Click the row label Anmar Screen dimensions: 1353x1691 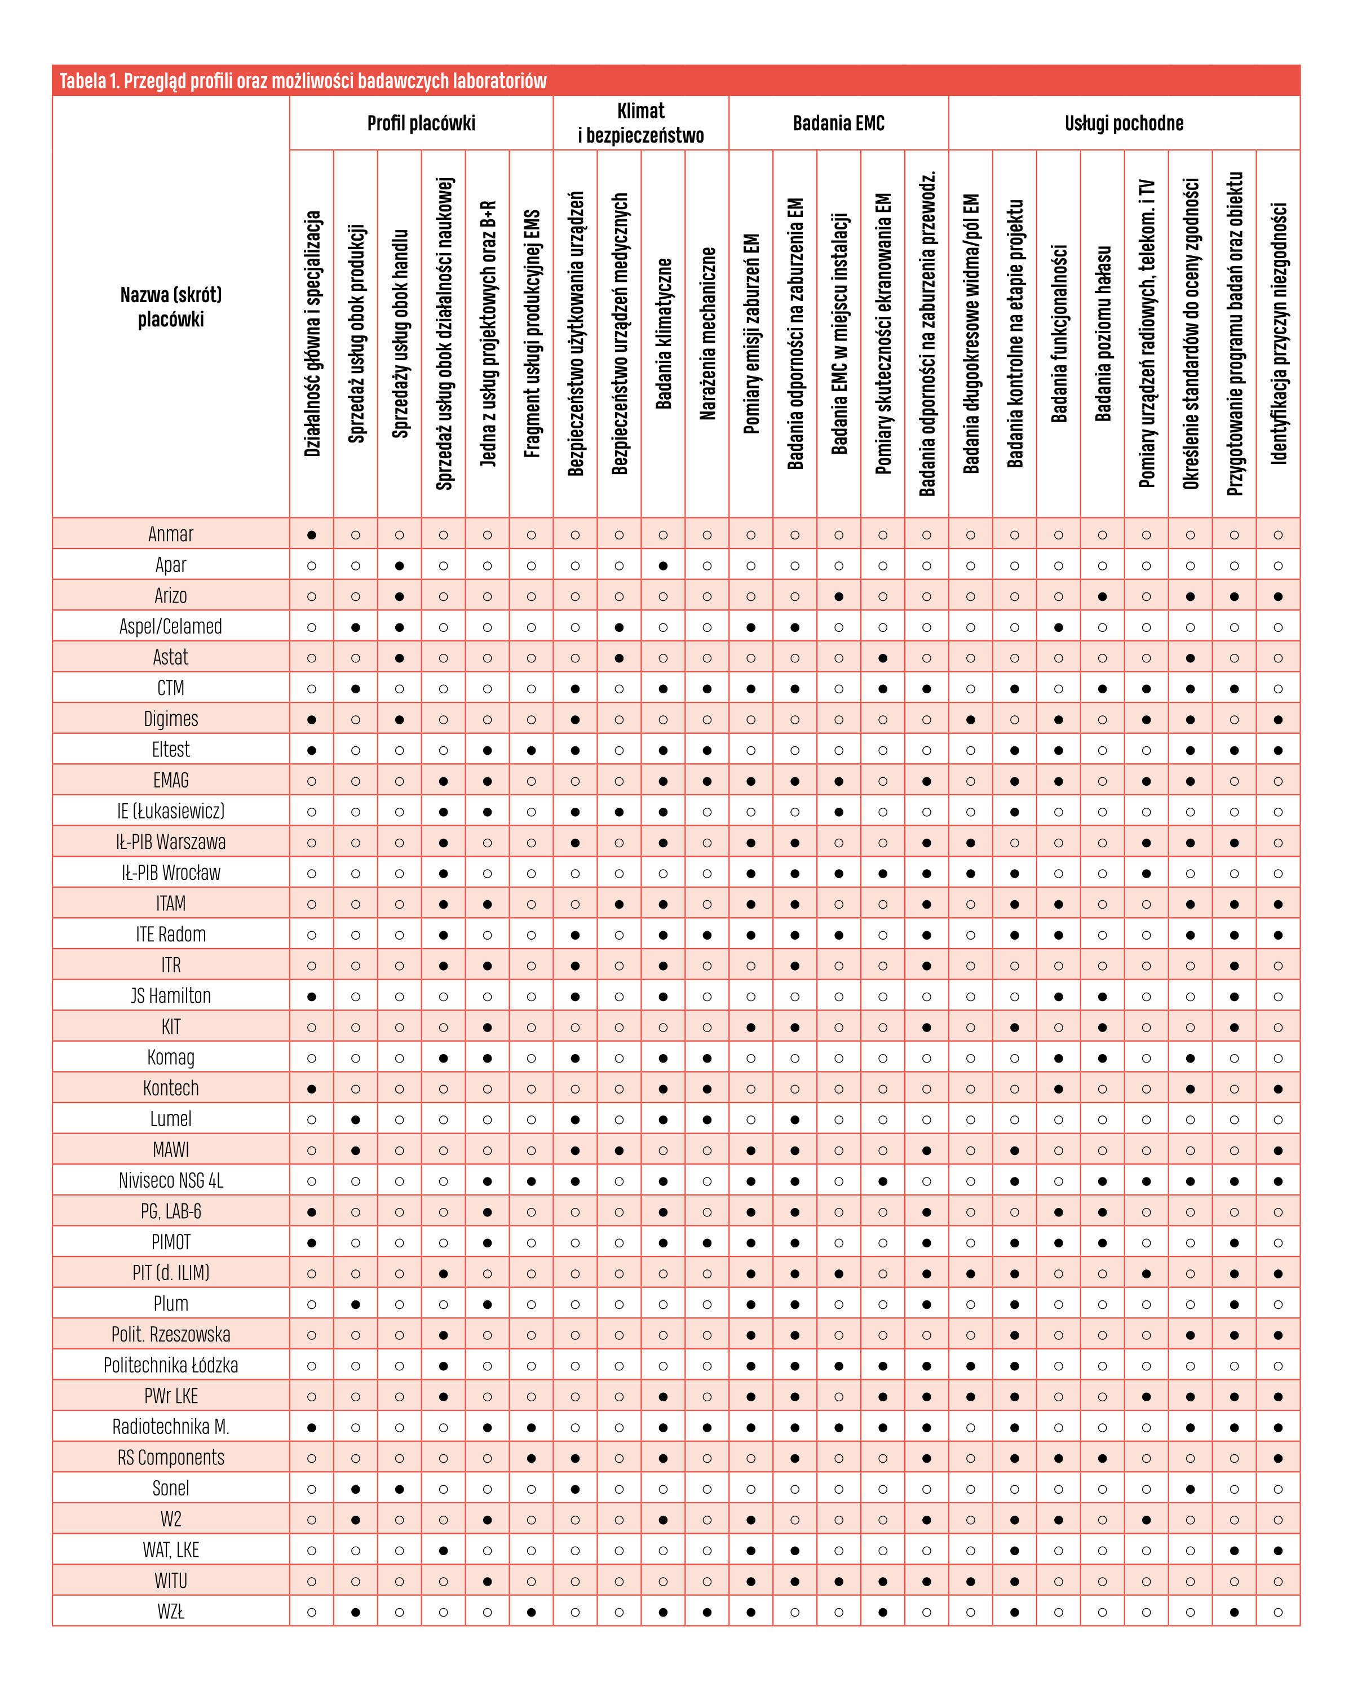(x=170, y=534)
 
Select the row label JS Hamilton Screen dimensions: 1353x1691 (x=170, y=996)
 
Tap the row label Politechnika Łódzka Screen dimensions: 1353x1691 (x=170, y=1366)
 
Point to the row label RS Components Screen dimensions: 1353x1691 (x=170, y=1458)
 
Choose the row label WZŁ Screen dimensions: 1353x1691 (x=170, y=1612)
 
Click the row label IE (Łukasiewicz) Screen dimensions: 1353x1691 (x=170, y=811)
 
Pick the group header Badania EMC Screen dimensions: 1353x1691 (x=838, y=123)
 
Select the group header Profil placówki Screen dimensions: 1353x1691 (x=421, y=123)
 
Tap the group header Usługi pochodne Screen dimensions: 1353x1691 (x=1124, y=123)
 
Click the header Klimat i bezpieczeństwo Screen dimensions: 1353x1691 (x=641, y=123)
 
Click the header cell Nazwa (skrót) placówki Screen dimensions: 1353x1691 (x=170, y=307)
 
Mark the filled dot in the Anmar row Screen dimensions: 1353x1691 (x=311, y=535)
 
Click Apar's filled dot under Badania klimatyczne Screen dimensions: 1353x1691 (x=663, y=565)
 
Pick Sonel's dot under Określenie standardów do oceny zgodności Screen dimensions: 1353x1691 (x=1190, y=1489)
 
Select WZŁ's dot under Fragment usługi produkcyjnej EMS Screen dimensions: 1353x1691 (x=531, y=1612)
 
